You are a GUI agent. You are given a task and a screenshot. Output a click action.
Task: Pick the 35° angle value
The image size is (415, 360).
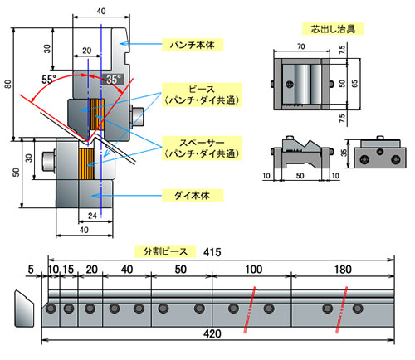coord(114,79)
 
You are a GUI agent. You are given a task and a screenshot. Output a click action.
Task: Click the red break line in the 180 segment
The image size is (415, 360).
coord(340,315)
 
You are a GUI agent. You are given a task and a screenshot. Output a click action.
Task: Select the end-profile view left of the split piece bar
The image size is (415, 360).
coord(22,308)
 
